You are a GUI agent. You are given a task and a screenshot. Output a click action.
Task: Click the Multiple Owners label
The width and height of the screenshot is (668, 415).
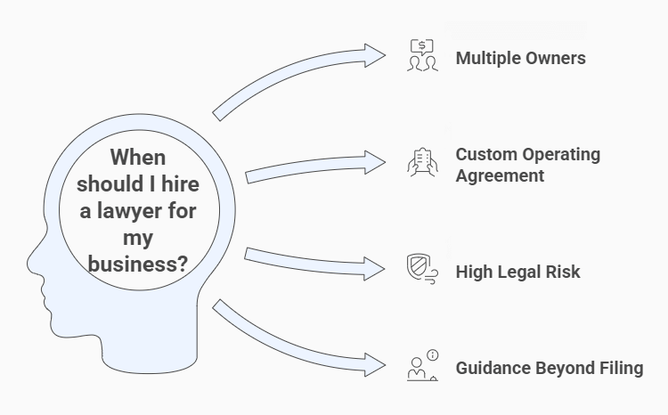tap(520, 59)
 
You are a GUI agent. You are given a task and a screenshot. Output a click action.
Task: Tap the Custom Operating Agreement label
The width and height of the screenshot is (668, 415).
tap(527, 165)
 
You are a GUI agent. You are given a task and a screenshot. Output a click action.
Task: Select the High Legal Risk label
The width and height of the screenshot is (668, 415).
tap(517, 271)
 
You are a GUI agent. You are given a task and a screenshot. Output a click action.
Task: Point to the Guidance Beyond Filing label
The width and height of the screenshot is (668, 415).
tap(549, 368)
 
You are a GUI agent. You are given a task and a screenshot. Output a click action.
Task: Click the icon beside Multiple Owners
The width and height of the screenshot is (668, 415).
tap(422, 55)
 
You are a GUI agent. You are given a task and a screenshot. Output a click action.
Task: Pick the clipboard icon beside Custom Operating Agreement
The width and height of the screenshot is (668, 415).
tap(422, 165)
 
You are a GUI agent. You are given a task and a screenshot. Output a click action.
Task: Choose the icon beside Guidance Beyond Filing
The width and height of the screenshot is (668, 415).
tap(422, 366)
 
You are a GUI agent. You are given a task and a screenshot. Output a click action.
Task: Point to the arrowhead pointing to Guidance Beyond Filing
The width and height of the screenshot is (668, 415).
tap(374, 363)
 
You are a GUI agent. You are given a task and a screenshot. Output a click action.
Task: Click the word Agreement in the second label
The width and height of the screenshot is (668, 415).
tap(500, 175)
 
